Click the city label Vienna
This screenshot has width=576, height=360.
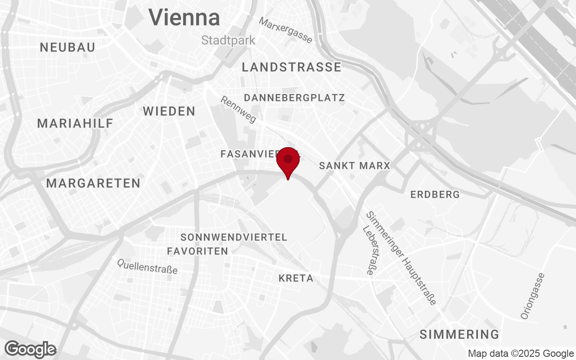coord(184,18)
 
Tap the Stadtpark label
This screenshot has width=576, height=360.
coord(228,40)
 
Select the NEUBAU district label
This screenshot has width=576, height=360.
coord(67,47)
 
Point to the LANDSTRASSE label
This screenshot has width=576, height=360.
coord(292,67)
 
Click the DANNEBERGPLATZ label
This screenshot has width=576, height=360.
coord(294,98)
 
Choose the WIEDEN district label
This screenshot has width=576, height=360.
coord(169,112)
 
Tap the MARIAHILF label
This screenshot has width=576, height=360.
coord(75,123)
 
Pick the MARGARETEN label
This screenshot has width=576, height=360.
coord(93,183)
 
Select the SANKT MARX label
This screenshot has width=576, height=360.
coord(355,166)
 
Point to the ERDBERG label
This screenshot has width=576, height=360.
coord(435,194)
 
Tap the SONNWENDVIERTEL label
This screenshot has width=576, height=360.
coord(234,237)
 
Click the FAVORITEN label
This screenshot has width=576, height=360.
coord(198,251)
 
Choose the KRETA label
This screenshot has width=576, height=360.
coord(296,279)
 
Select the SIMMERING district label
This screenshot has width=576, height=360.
coord(459,334)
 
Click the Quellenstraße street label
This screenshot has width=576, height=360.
coord(147,266)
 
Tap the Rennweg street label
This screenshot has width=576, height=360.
coord(238,109)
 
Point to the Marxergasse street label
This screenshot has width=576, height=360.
coord(285,30)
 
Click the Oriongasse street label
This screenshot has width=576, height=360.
coord(532,296)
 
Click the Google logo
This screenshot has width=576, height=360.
coord(31,349)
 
